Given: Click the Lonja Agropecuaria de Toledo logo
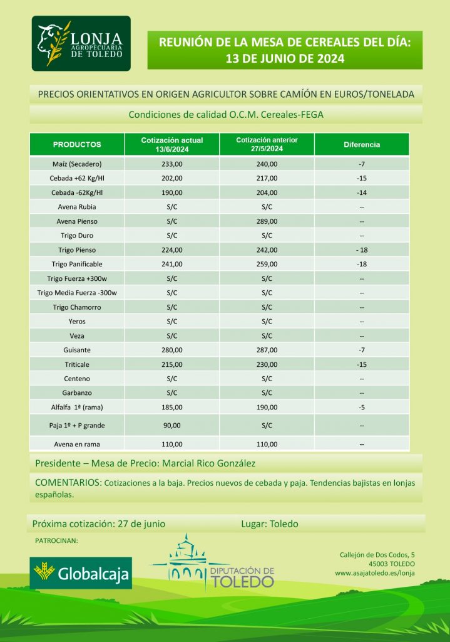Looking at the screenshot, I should pos(81,44).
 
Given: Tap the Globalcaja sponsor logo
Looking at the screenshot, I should pos(81,572).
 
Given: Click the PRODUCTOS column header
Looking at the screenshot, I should pos(77,145).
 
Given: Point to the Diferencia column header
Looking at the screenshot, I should pos(362,145).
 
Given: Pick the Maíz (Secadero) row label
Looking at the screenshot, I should pos(77,164).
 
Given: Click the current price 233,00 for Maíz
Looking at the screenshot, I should pos(172,164).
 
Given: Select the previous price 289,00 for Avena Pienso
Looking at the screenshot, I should pos(267,221).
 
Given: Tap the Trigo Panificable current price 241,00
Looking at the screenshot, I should pos(172,264).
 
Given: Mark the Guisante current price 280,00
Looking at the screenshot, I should pos(172,350).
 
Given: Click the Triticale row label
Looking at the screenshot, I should pos(77,364).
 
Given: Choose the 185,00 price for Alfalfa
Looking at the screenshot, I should pos(172,408).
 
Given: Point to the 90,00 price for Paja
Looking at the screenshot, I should pos(172,426).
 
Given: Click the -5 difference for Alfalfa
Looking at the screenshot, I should pos(362,408).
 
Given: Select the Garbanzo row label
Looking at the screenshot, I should pos(77,393).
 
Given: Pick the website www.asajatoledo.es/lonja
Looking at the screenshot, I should pos(375,573).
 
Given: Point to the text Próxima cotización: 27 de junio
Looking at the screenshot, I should pos(99,524).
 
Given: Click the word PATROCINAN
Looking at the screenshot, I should pos(56,540).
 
